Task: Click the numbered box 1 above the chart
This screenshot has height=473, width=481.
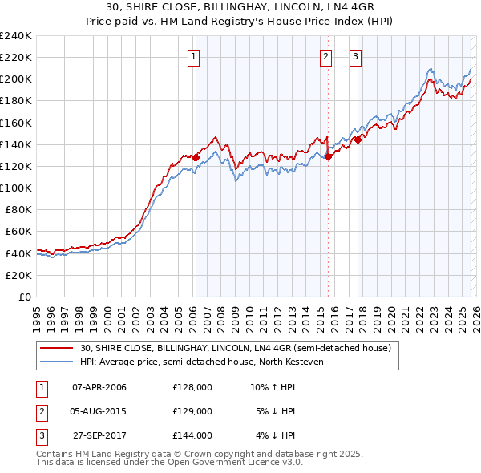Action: point(195,56)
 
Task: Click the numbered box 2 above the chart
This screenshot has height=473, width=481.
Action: point(326,56)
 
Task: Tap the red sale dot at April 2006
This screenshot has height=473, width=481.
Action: point(195,157)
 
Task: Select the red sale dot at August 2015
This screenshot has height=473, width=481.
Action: point(328,156)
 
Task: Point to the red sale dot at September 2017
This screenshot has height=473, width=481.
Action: point(358,139)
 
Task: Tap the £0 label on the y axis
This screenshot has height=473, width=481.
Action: point(25,297)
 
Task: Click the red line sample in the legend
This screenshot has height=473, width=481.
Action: point(57,348)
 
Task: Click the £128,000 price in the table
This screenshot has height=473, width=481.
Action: point(192,387)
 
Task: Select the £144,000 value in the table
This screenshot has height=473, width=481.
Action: point(192,435)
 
